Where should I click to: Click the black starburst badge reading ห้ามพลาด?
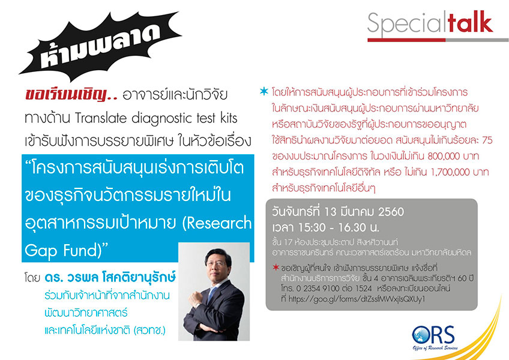[x=100, y=46]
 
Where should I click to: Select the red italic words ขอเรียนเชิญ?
[x=71, y=94]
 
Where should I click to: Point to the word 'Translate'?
[x=101, y=118]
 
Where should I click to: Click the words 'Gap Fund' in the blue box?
[x=61, y=251]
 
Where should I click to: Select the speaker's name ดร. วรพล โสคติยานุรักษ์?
[x=110, y=277]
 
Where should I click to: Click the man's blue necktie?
[x=212, y=294]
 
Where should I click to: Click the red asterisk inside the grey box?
[x=276, y=267]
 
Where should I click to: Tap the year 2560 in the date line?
[x=391, y=212]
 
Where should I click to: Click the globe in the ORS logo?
[x=421, y=335]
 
